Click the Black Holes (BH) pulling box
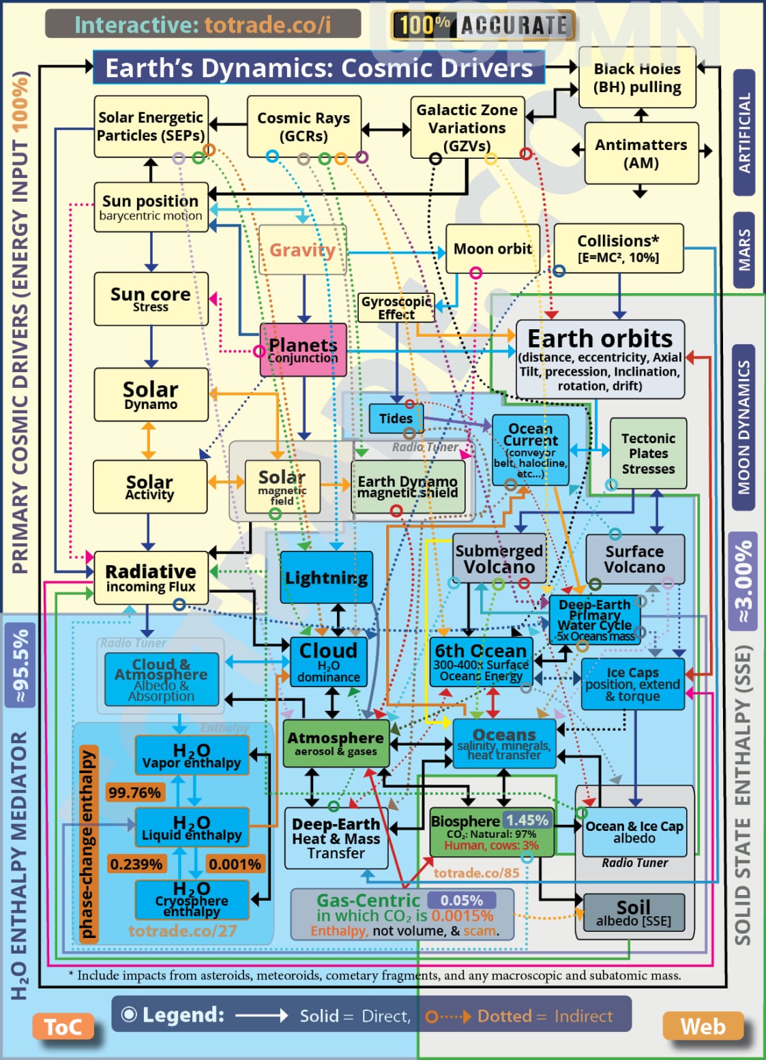click(637, 78)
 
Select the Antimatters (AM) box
click(641, 153)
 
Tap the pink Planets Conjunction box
click(303, 350)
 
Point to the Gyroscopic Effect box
click(396, 307)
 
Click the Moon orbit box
click(492, 249)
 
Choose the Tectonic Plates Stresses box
click(648, 453)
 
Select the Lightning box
click(326, 578)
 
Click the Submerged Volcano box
click(499, 558)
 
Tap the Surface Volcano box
click(634, 558)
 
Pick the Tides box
click(396, 419)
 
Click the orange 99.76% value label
click(134, 792)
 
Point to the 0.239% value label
click(136, 864)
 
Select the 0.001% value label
click(235, 864)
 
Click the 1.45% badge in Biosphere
click(527, 820)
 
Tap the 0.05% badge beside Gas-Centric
click(461, 900)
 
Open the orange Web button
click(703, 1027)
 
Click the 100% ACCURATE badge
click(483, 26)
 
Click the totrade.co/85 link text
click(476, 873)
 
